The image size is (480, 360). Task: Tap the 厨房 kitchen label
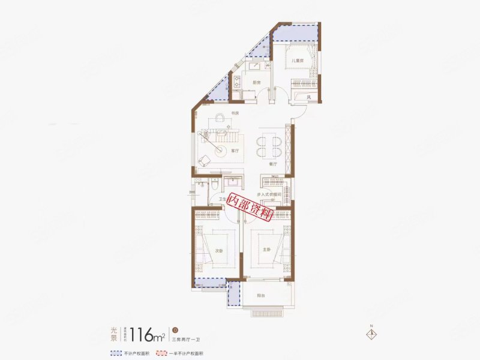pos(256,82)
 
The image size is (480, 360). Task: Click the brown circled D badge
pos(175,329)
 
